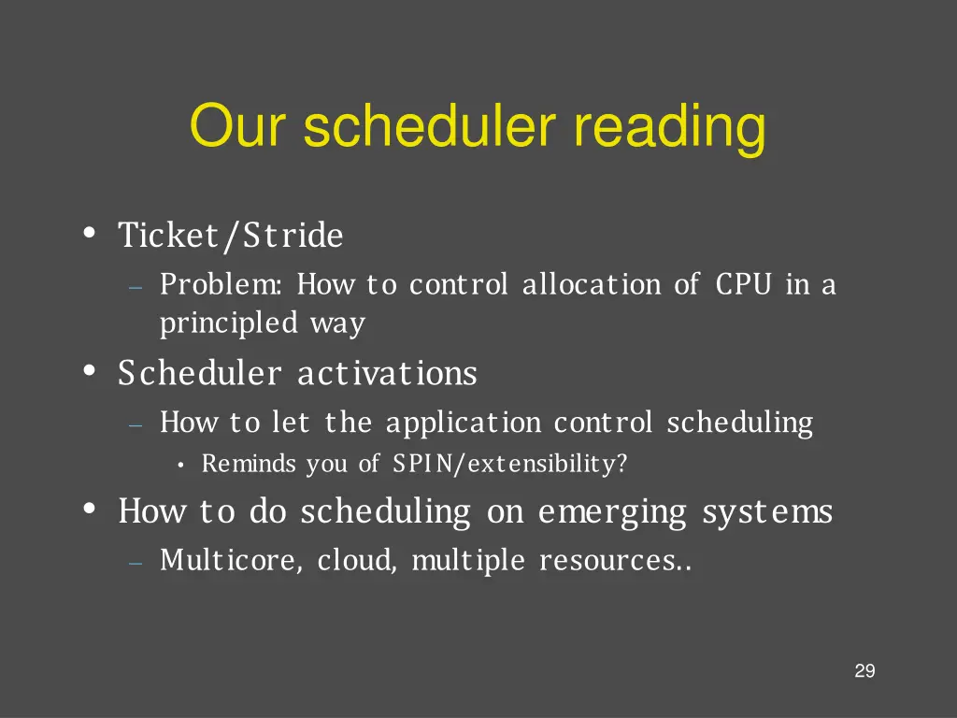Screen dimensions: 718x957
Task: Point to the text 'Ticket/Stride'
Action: click(x=231, y=236)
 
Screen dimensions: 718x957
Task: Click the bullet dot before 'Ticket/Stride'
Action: click(x=90, y=234)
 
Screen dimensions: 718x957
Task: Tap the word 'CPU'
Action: click(x=744, y=283)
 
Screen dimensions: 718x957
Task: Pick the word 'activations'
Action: click(x=387, y=374)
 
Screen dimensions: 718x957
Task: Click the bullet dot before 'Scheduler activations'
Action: click(x=90, y=372)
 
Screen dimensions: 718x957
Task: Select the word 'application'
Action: click(x=463, y=424)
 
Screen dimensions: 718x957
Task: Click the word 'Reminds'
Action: click(x=249, y=464)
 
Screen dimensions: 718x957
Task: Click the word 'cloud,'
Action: click(x=357, y=561)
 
